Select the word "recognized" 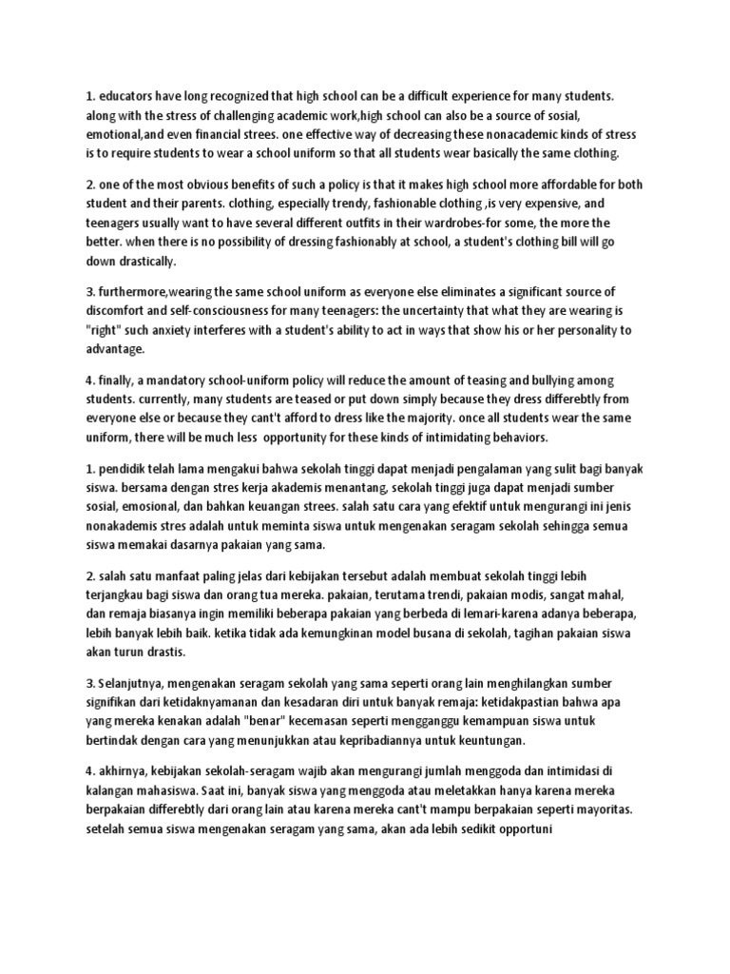(x=264, y=97)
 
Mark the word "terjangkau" (x=121, y=595)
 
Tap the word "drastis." (x=164, y=652)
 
